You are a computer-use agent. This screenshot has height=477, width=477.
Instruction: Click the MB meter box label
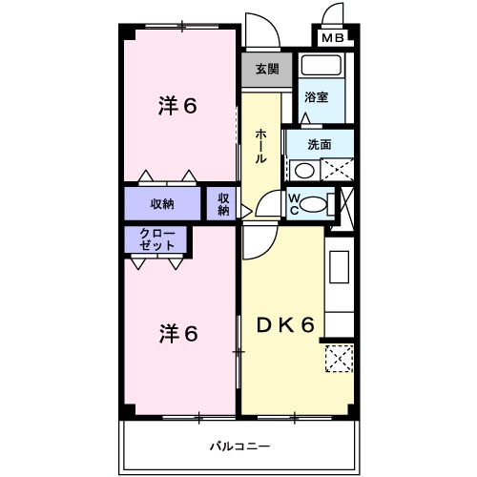[333, 38]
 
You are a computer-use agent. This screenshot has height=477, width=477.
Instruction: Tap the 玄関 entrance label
[267, 69]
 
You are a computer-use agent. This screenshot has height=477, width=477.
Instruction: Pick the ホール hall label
[259, 147]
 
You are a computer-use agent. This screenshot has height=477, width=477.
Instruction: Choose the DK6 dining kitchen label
[284, 326]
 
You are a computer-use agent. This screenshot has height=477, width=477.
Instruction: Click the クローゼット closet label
[157, 239]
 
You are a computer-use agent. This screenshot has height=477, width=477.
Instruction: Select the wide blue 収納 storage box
[161, 203]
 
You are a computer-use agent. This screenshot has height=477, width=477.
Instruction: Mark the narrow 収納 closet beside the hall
[222, 203]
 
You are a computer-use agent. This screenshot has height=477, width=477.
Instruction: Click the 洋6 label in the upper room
[177, 106]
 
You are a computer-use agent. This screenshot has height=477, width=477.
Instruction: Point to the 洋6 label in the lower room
[178, 334]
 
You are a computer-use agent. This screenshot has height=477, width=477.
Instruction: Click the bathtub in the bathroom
[322, 69]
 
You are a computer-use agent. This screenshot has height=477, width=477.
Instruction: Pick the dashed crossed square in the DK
[339, 359]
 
